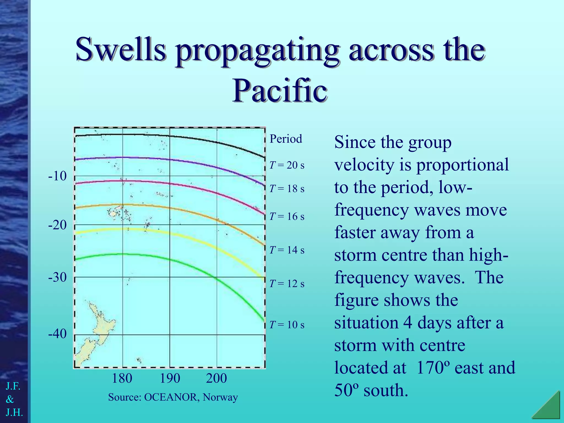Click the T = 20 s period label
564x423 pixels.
point(287,165)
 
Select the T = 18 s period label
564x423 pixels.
point(287,189)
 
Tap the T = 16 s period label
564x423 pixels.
point(287,216)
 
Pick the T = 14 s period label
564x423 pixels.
point(287,250)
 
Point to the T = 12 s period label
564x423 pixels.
point(287,284)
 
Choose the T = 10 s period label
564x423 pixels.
point(287,325)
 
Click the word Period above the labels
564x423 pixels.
point(286,139)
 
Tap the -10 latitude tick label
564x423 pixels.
point(57,176)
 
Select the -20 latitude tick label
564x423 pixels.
point(57,225)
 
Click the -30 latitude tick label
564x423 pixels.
point(57,277)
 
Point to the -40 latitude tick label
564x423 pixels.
point(57,334)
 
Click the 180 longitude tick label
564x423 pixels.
point(122,378)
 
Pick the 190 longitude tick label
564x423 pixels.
point(170,378)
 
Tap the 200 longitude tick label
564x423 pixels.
point(216,378)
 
